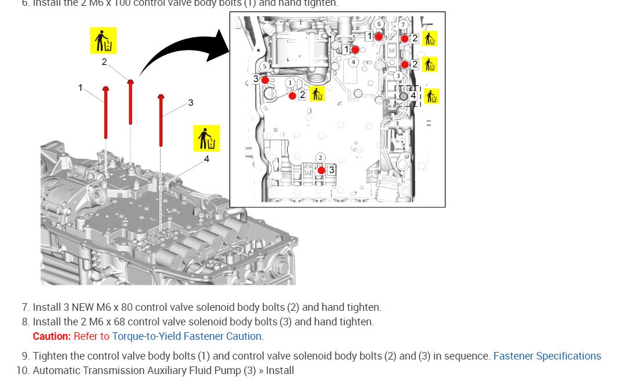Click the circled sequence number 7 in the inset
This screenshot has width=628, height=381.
point(403,24)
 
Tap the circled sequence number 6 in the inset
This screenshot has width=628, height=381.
point(379,24)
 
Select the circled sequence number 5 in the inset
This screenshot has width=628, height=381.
point(264,67)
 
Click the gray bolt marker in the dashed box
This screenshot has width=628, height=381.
point(404,95)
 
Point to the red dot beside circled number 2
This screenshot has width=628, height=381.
point(321,170)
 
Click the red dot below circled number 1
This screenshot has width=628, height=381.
point(292,96)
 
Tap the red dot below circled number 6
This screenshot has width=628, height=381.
point(378,37)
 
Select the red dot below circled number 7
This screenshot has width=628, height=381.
point(405,38)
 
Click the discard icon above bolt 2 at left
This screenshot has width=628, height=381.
point(103,41)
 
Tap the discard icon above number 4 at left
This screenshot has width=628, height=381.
point(206,139)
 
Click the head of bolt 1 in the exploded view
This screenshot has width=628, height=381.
point(106,89)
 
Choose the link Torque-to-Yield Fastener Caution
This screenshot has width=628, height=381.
point(187,336)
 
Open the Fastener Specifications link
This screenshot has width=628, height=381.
point(547,356)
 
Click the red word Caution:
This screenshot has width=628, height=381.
point(52,336)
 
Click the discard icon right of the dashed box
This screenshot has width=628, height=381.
point(431,96)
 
